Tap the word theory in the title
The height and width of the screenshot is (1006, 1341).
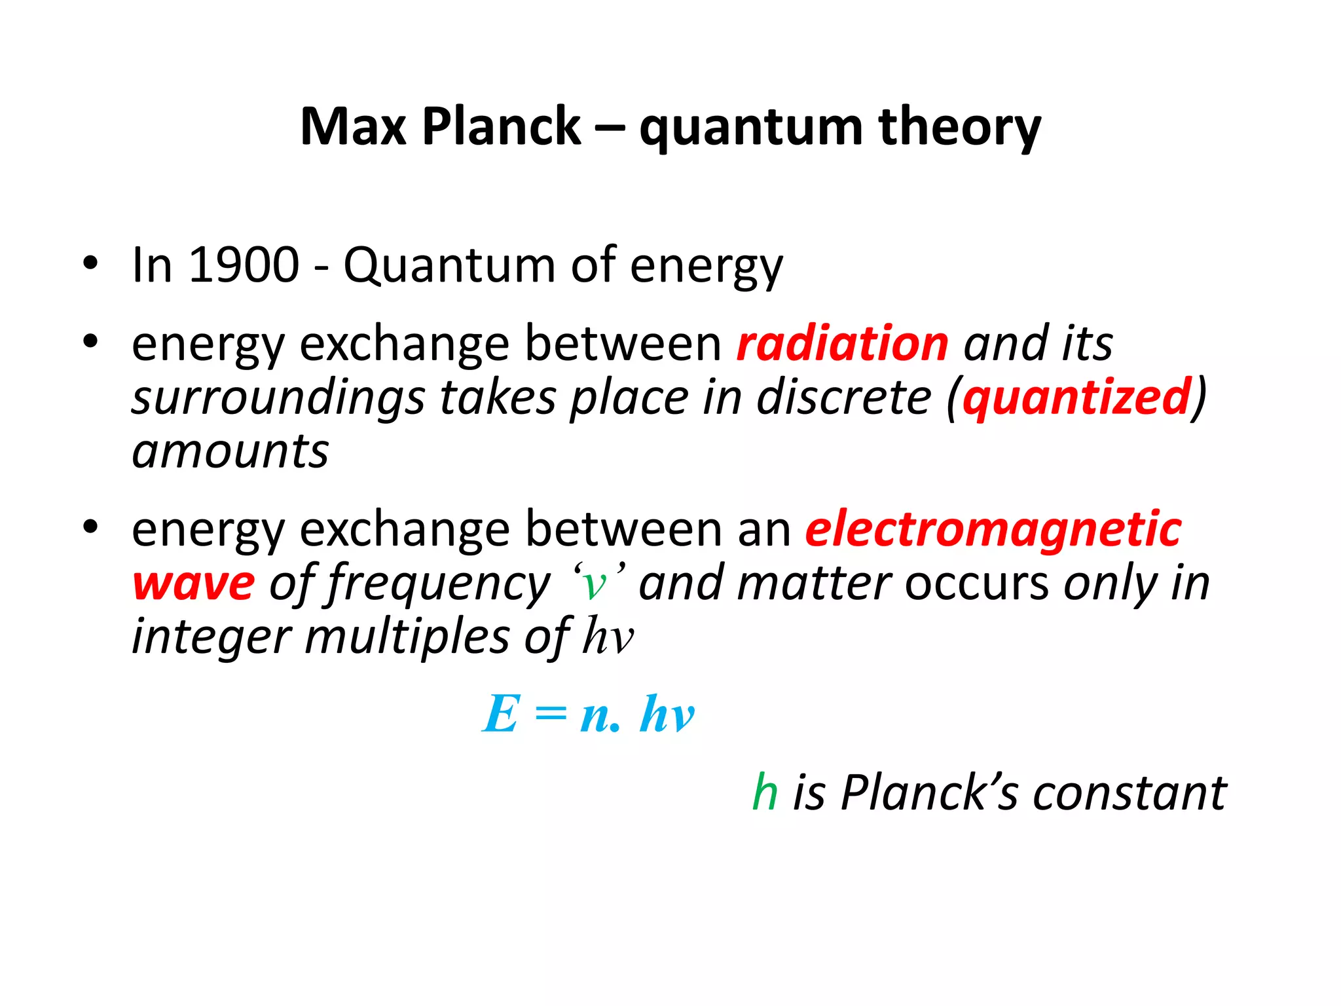[x=959, y=128]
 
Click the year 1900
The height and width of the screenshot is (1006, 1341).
[x=244, y=265]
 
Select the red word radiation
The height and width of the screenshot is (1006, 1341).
[x=843, y=343]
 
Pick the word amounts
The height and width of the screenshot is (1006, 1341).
[x=230, y=451]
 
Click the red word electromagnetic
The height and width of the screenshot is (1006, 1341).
[x=993, y=529]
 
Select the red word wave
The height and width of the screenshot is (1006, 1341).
[x=193, y=584]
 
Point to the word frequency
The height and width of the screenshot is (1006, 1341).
[x=439, y=584]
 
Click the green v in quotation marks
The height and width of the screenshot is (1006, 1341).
[x=594, y=584]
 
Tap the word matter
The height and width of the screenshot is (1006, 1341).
[x=814, y=583]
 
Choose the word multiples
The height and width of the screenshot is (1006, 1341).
[x=407, y=637]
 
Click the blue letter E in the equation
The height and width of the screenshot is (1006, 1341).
[x=502, y=714]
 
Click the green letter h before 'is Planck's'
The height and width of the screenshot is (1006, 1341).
[x=765, y=792]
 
